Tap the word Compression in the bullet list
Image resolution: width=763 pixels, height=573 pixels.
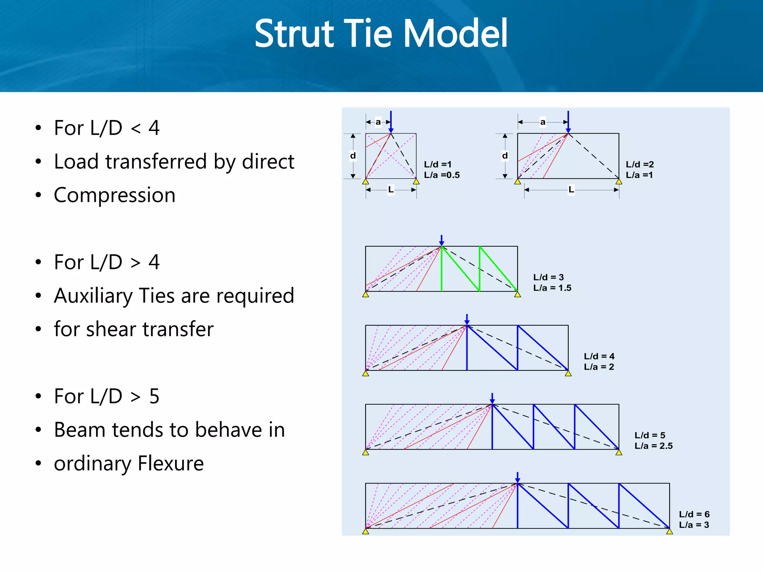[x=114, y=195]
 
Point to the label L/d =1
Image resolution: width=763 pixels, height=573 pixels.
[x=438, y=165]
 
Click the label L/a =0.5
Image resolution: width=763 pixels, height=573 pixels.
[x=442, y=175]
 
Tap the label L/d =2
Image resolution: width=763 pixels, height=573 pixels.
[x=640, y=165]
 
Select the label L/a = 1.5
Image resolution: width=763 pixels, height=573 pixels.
[x=552, y=288]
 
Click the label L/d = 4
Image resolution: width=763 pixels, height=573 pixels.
[x=599, y=356]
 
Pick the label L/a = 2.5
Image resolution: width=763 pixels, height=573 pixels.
[x=653, y=446]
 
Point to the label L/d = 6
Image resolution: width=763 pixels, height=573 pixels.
[x=694, y=514]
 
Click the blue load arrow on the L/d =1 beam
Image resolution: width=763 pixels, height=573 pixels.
[x=391, y=121]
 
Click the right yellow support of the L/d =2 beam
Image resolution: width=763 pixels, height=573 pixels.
[x=619, y=182]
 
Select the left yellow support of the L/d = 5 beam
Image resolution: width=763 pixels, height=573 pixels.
[x=365, y=453]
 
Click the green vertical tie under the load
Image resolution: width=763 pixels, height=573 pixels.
[x=441, y=269]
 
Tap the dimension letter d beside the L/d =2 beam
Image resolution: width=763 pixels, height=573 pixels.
[x=505, y=156]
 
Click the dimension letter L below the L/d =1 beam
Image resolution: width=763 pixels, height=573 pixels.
[x=391, y=190]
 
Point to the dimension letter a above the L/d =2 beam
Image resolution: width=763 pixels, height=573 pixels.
[x=543, y=122]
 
